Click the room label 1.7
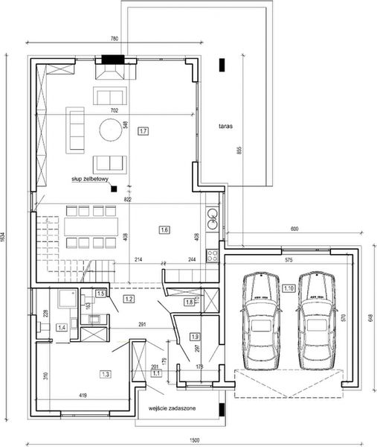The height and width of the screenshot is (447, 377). pos(144,130)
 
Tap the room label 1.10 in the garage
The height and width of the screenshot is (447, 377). pos(289,288)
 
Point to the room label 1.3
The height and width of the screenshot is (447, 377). pos(106,373)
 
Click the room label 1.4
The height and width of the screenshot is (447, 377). pos(62,327)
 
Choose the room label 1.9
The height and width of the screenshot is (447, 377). pos(194,336)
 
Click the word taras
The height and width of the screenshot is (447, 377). pos(226,127)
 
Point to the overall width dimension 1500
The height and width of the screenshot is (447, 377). pos(194,439)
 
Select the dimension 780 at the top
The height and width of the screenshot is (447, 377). pos(115,38)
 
